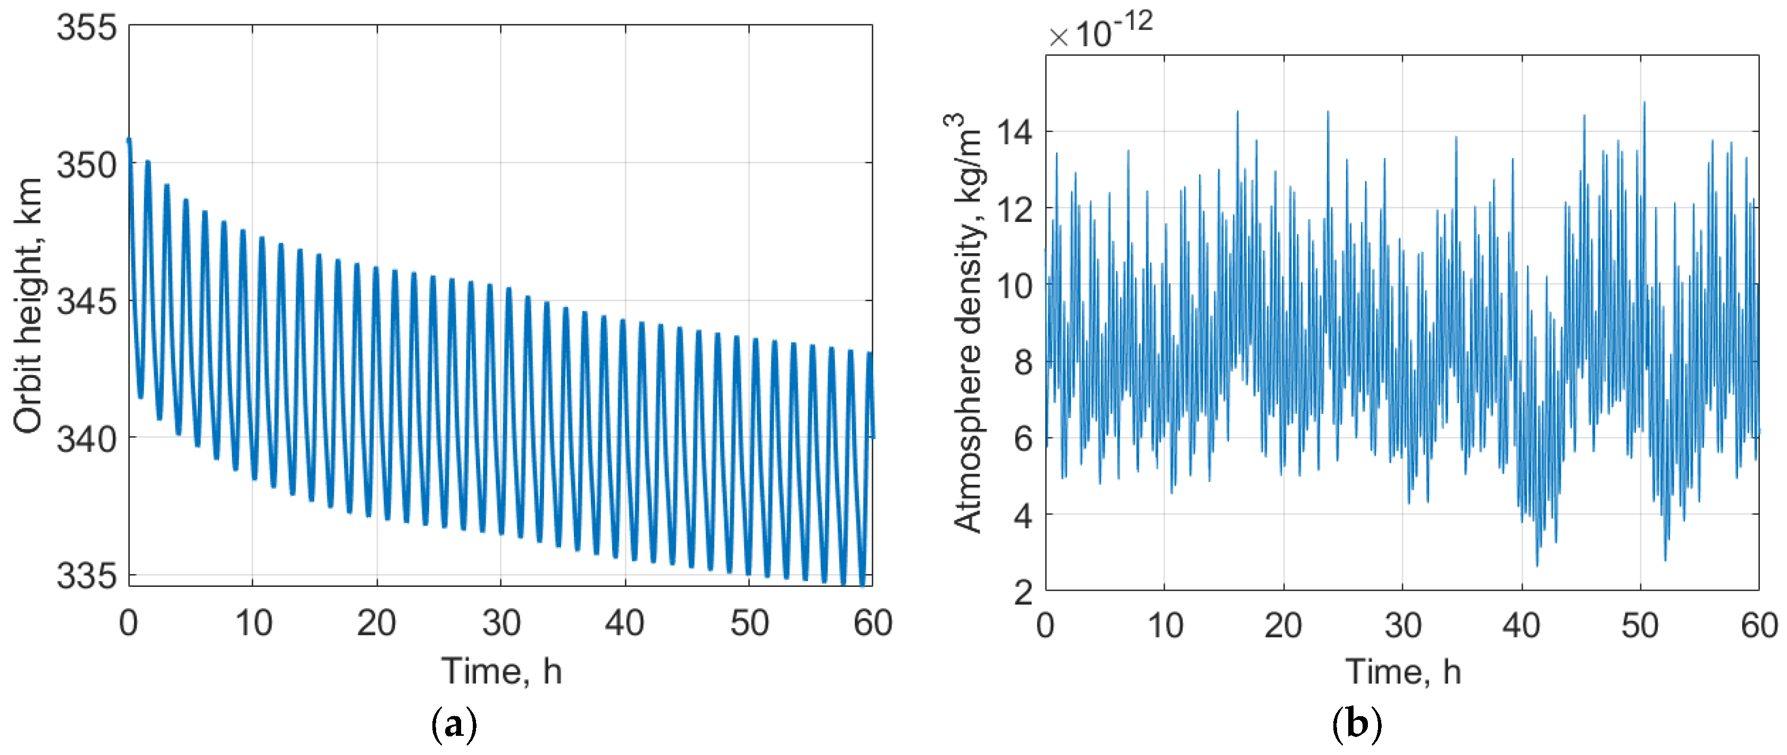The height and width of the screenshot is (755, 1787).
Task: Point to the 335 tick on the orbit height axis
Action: [x=87, y=576]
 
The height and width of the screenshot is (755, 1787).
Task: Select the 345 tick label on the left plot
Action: [x=87, y=302]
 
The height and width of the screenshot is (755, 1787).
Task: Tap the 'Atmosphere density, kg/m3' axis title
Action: [x=966, y=322]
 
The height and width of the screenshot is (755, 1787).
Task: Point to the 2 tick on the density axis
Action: [x=1023, y=592]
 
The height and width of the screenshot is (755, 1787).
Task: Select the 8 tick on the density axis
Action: [x=1023, y=362]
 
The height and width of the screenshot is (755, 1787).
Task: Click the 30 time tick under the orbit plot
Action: [x=501, y=623]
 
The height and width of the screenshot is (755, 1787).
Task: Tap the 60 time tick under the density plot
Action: [x=1759, y=626]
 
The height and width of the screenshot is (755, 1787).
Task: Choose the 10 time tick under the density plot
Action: [x=1165, y=626]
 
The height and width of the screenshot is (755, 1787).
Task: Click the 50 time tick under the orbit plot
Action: [x=749, y=623]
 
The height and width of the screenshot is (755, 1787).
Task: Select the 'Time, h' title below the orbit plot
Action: [x=501, y=671]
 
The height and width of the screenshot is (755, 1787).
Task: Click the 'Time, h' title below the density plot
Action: [x=1402, y=671]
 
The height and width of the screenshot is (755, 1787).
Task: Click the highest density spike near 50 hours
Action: [x=1643, y=103]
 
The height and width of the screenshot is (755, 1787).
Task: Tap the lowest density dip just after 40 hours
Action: [x=1537, y=566]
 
